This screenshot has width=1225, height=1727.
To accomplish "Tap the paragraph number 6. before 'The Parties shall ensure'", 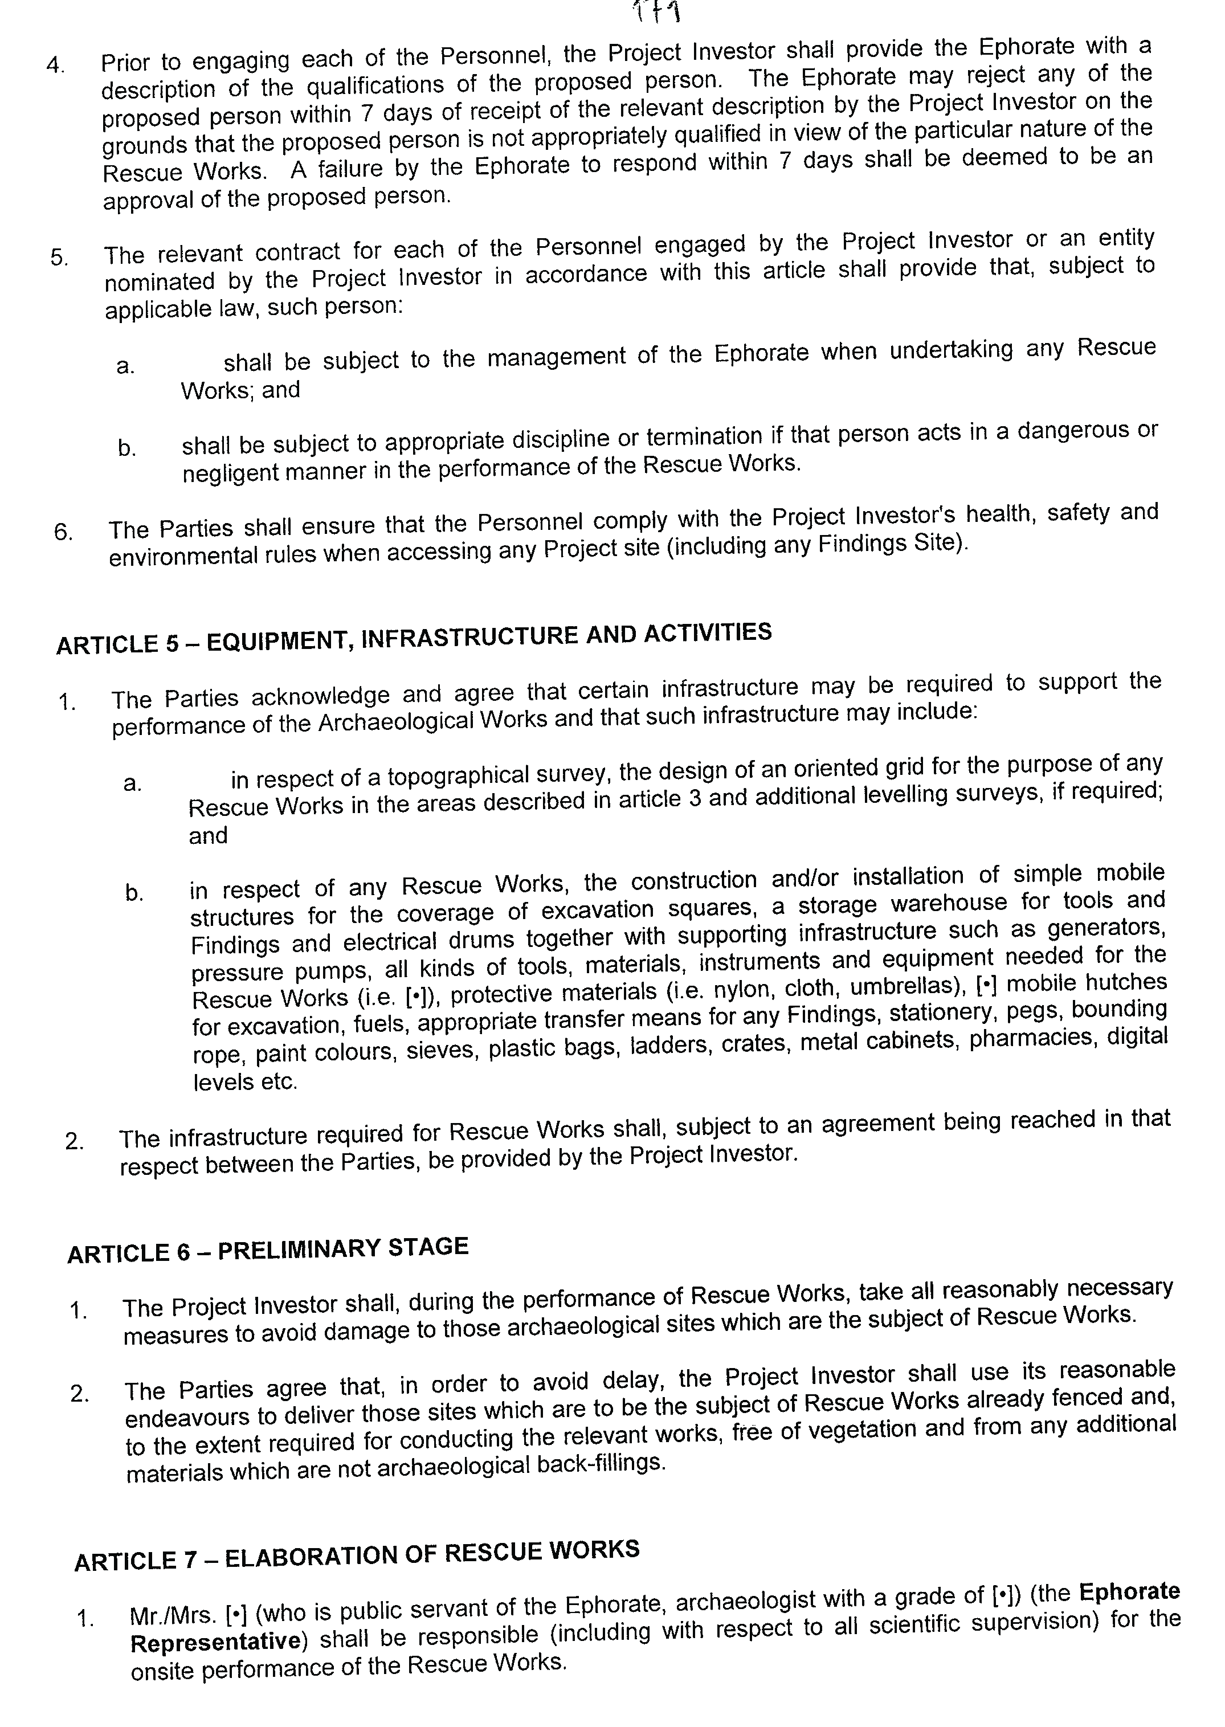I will tap(63, 532).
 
